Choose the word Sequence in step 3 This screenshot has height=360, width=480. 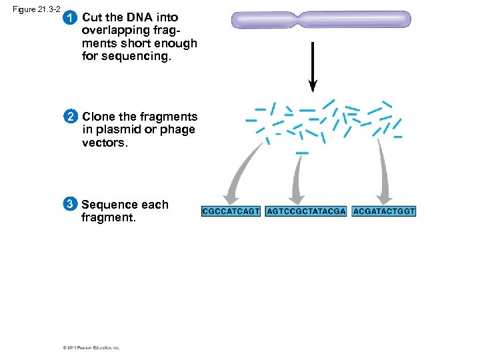pyautogui.click(x=109, y=205)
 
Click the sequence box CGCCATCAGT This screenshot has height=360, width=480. pyautogui.click(x=231, y=211)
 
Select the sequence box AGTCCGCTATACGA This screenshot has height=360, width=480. pyautogui.click(x=306, y=211)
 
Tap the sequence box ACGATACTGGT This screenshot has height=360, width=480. pyautogui.click(x=384, y=211)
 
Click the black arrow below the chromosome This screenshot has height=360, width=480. pyautogui.click(x=313, y=67)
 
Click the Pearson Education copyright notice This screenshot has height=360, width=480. pyautogui.click(x=91, y=347)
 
